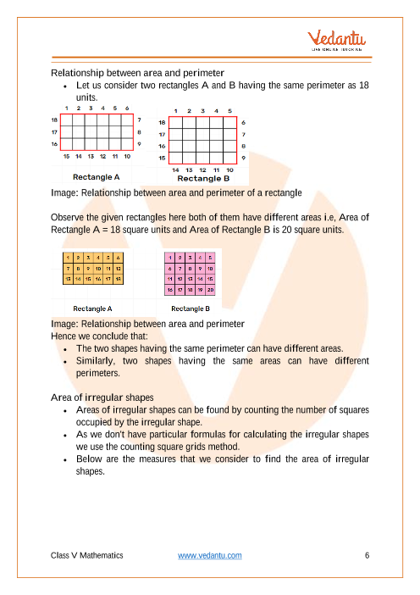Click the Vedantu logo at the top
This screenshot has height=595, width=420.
tap(337, 40)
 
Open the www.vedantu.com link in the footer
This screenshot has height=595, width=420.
tap(210, 555)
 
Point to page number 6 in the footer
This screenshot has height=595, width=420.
tap(367, 555)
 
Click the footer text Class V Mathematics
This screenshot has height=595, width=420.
tap(87, 555)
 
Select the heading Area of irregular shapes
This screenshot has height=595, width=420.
tap(102, 398)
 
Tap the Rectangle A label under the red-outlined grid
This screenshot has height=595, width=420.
tap(96, 177)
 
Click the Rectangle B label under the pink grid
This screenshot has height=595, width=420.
tap(191, 309)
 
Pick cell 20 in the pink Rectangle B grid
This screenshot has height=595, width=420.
tap(210, 290)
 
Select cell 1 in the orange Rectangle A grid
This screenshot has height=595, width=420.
tap(68, 258)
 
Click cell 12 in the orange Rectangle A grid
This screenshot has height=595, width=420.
tap(119, 269)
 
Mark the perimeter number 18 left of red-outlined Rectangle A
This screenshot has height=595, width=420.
tap(54, 120)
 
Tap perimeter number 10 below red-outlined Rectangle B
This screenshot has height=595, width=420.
tap(229, 170)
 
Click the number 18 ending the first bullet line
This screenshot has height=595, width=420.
tap(364, 86)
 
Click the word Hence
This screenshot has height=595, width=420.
tap(63, 336)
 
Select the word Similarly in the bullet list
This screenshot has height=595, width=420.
tap(95, 361)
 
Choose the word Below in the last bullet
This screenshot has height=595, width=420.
tap(89, 459)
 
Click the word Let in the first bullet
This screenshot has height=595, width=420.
tap(83, 86)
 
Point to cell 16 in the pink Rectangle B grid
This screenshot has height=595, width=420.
tap(170, 290)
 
